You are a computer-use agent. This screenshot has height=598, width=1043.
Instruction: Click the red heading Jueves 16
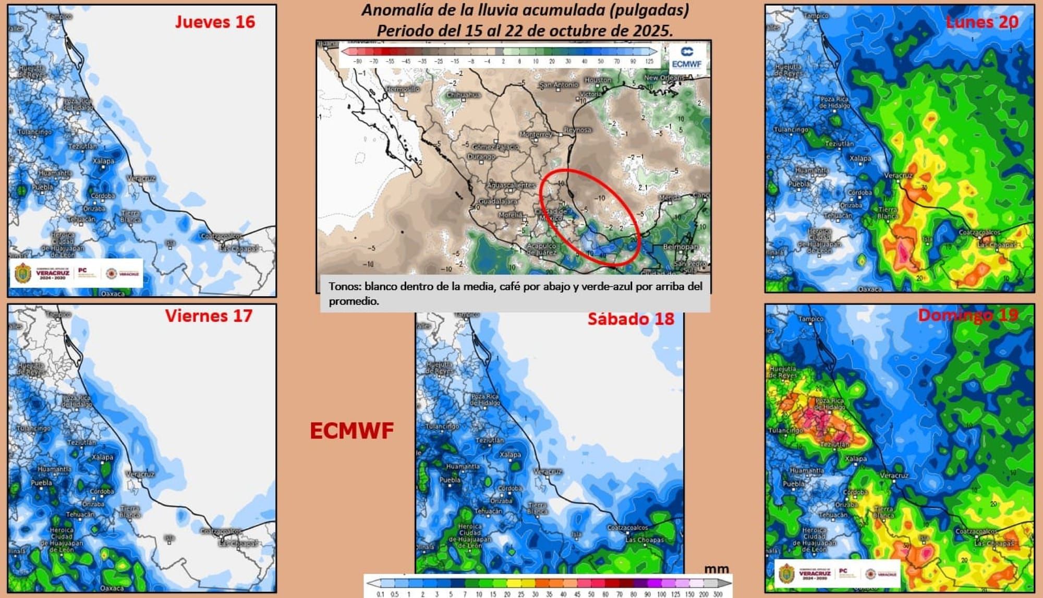click(215, 22)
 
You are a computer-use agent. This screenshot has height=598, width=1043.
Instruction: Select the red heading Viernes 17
click(209, 316)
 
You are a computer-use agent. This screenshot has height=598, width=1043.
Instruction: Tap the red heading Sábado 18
click(630, 319)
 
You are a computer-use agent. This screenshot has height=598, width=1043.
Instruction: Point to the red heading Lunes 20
click(981, 22)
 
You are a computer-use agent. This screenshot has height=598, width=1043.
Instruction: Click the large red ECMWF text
click(351, 431)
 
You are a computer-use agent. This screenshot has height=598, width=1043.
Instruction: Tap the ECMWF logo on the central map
click(687, 57)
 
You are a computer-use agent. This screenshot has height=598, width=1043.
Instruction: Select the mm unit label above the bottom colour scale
click(717, 569)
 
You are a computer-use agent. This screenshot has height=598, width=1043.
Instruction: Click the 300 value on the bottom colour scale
click(718, 594)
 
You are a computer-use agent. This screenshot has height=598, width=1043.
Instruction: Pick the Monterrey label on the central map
click(535, 135)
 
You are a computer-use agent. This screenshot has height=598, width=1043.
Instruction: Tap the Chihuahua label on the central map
click(463, 95)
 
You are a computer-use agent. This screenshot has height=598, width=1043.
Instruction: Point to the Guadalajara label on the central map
click(498, 201)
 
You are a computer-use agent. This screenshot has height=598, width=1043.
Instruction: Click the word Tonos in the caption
click(344, 286)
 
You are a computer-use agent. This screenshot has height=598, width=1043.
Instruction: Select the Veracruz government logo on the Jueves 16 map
click(23, 273)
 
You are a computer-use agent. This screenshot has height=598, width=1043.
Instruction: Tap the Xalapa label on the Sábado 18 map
click(510, 455)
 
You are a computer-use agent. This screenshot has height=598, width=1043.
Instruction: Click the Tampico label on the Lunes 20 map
click(816, 16)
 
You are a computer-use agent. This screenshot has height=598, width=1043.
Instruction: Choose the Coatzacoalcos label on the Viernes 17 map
click(221, 531)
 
